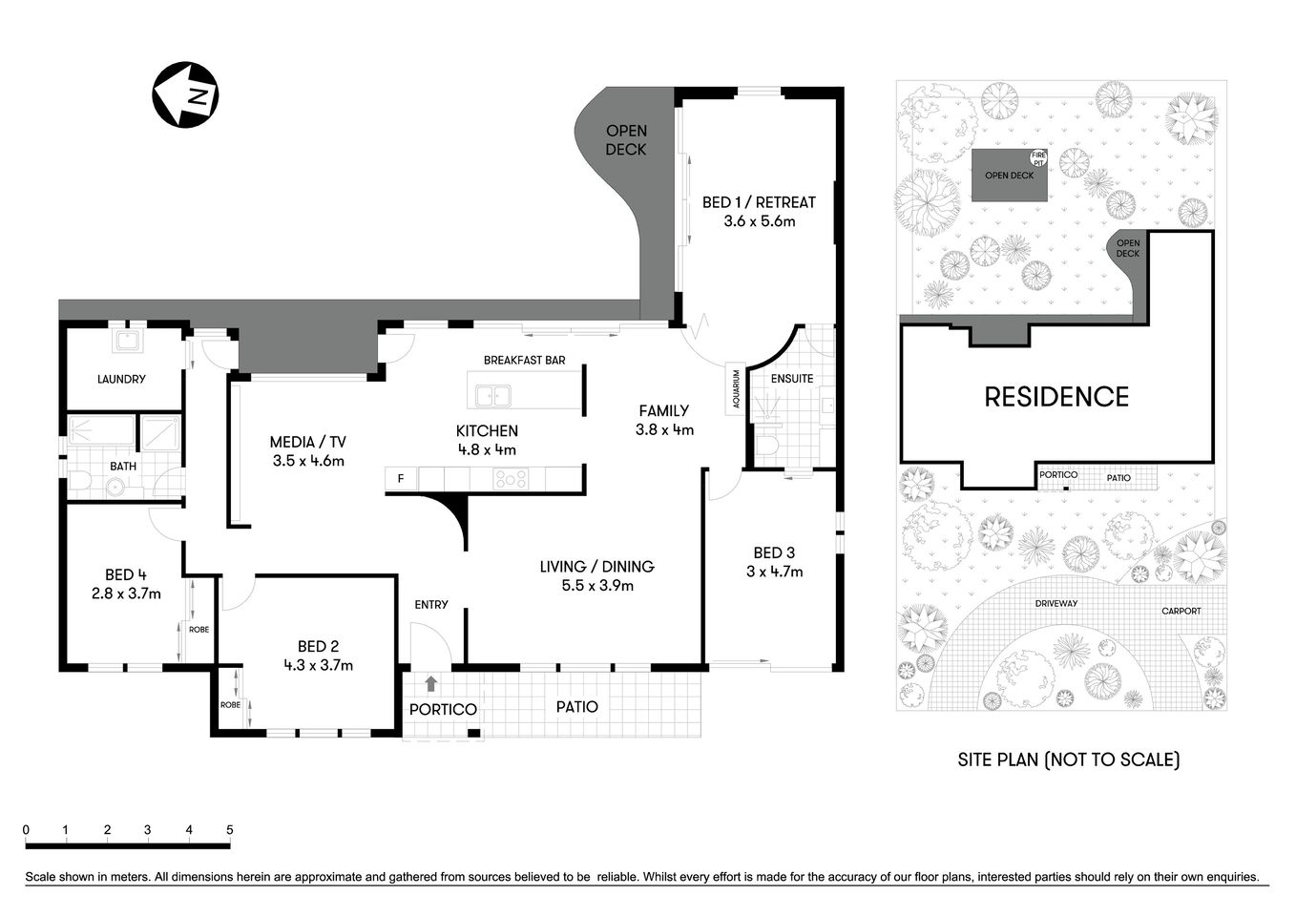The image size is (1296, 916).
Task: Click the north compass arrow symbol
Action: pos(185,94)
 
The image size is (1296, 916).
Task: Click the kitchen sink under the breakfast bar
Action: pos(494,394)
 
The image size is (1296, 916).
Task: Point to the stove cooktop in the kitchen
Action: pos(510,479)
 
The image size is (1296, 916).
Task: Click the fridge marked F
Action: pos(401,479)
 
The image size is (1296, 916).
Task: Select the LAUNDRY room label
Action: pos(121,379)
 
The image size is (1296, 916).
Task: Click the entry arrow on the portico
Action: pos(431,683)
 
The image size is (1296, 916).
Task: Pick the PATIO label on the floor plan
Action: pos(577,707)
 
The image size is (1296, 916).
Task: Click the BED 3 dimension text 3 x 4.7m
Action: pos(774,572)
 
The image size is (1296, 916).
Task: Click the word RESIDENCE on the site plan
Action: pos(1056,397)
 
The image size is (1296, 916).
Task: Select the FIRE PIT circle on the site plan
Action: pos(1038,157)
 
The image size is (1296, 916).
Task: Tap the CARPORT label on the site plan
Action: pos(1181,611)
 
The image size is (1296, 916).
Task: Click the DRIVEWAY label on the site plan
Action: pos(1056,603)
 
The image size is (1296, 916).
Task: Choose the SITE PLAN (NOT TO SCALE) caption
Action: pos(1069,760)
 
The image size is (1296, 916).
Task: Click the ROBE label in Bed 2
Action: pos(230,705)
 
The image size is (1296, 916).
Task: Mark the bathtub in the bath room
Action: pos(100,432)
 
